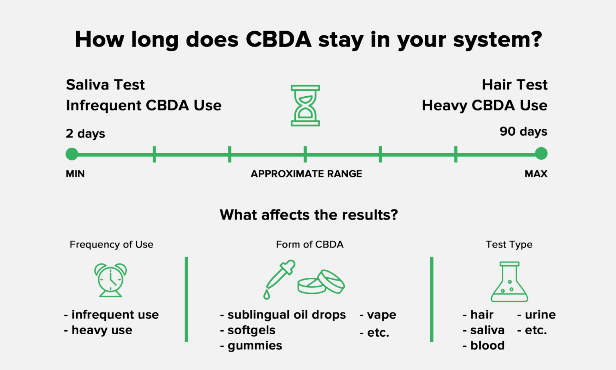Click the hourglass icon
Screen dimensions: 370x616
point(305,106)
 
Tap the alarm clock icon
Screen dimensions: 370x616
point(110,280)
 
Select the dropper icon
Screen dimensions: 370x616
point(279,279)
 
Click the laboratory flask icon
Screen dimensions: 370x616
point(509,282)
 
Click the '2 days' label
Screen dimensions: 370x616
point(85,133)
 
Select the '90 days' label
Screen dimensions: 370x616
point(523,132)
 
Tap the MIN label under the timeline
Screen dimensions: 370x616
point(75,174)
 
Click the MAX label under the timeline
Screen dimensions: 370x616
point(536,174)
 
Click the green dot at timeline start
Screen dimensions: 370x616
point(72,154)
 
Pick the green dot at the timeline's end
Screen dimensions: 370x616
point(541,154)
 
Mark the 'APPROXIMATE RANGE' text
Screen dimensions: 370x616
point(306,174)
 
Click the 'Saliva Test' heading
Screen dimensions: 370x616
point(105,85)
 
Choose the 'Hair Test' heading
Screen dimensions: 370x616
point(515,85)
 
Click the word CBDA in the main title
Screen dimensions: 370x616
point(278,39)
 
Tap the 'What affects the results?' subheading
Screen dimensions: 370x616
point(309,215)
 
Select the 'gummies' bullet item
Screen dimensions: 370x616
point(255,346)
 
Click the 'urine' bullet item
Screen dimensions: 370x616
point(540,315)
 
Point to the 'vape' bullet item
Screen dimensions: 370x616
point(381,315)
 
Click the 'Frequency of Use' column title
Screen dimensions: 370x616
point(111,244)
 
